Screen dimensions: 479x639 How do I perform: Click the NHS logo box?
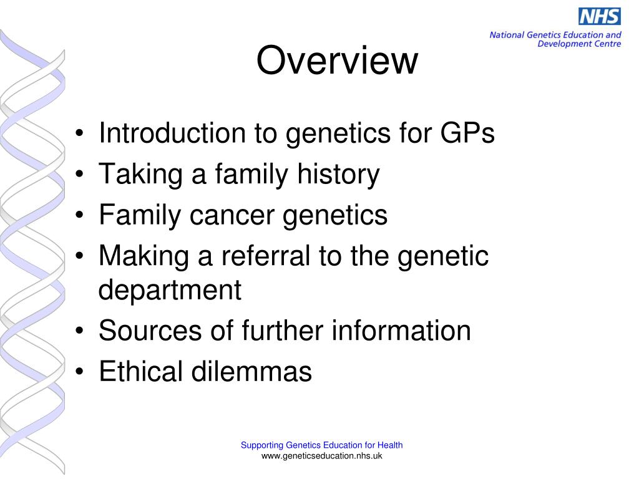pos(599,16)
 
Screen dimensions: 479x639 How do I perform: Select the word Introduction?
pos(163,133)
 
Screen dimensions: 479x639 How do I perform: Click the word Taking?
pos(139,175)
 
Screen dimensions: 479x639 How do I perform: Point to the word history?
pos(338,175)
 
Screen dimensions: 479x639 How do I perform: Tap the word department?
pos(170,290)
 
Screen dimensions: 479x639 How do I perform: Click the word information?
pos(401,331)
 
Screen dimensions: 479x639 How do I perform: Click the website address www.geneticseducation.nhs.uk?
pos(321,456)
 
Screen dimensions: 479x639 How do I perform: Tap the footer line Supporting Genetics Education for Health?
pos(321,445)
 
